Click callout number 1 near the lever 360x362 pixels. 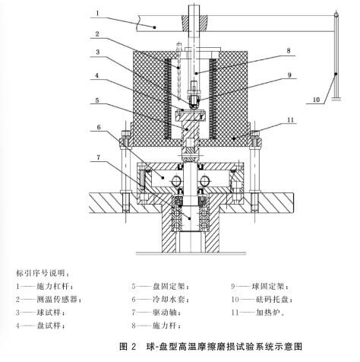98,13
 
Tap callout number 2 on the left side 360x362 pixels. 97,33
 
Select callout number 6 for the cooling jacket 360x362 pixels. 99,127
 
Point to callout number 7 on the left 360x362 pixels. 99,157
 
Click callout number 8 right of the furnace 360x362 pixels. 289,51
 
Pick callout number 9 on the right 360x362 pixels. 289,75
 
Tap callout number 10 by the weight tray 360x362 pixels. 316,100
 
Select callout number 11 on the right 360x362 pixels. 291,119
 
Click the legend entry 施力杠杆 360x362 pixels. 52,287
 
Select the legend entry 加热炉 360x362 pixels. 268,313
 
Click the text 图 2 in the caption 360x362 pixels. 128,346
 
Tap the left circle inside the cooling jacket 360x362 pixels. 176,181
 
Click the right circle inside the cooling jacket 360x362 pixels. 204,181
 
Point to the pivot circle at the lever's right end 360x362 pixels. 336,15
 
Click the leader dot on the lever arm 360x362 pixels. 154,27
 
